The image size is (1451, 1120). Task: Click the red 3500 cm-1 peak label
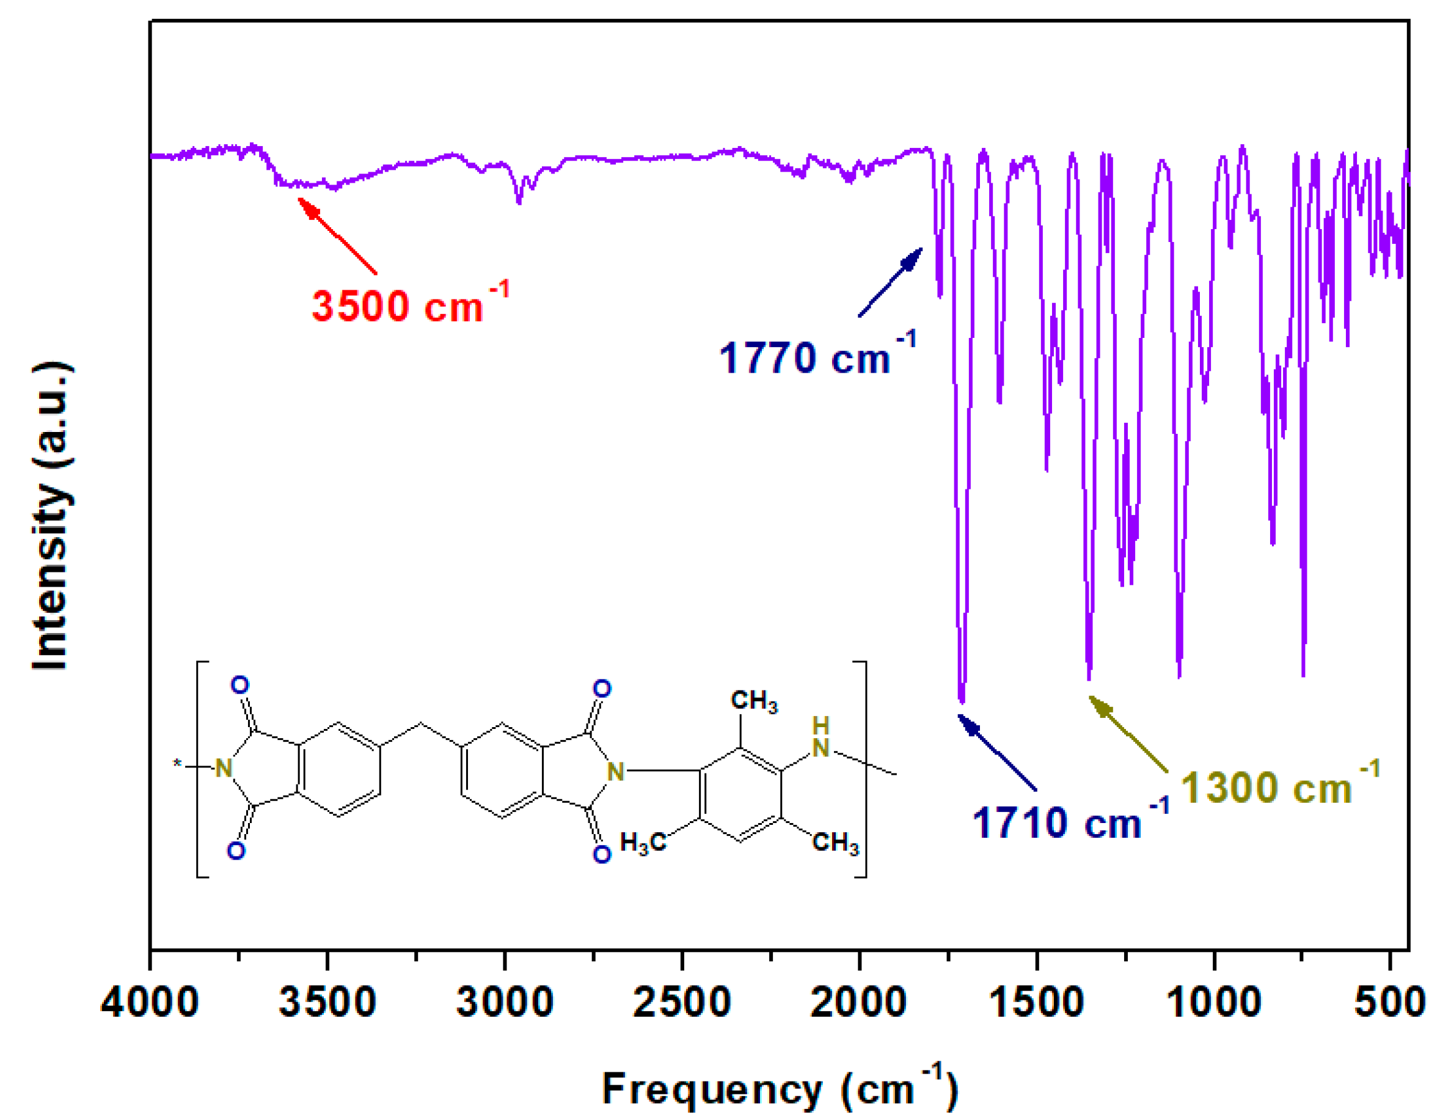click(409, 305)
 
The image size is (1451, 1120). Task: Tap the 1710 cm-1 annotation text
click(1069, 821)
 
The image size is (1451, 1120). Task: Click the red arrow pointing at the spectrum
click(337, 236)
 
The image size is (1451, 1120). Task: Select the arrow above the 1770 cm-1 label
click(890, 282)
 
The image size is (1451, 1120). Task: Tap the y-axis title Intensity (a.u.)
click(51, 516)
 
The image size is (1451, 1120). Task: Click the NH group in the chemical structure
click(821, 738)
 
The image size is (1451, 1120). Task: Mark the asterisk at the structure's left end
click(177, 764)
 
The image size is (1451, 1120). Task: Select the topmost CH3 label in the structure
click(753, 701)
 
